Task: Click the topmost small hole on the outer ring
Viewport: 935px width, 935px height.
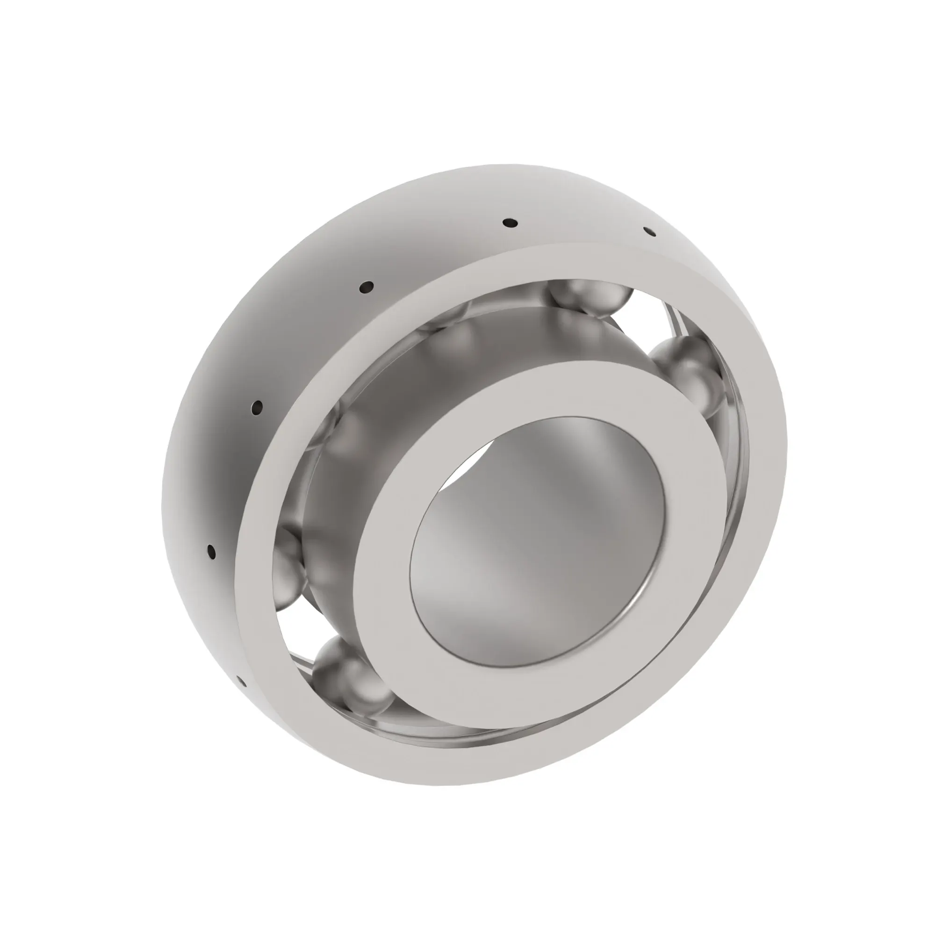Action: pyautogui.click(x=510, y=223)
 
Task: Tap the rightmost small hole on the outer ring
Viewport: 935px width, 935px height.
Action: pyautogui.click(x=649, y=232)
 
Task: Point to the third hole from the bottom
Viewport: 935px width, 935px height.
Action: pyautogui.click(x=258, y=408)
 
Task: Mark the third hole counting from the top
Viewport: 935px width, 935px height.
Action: pyautogui.click(x=367, y=287)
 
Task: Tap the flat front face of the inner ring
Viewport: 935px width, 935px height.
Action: pyautogui.click(x=387, y=581)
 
